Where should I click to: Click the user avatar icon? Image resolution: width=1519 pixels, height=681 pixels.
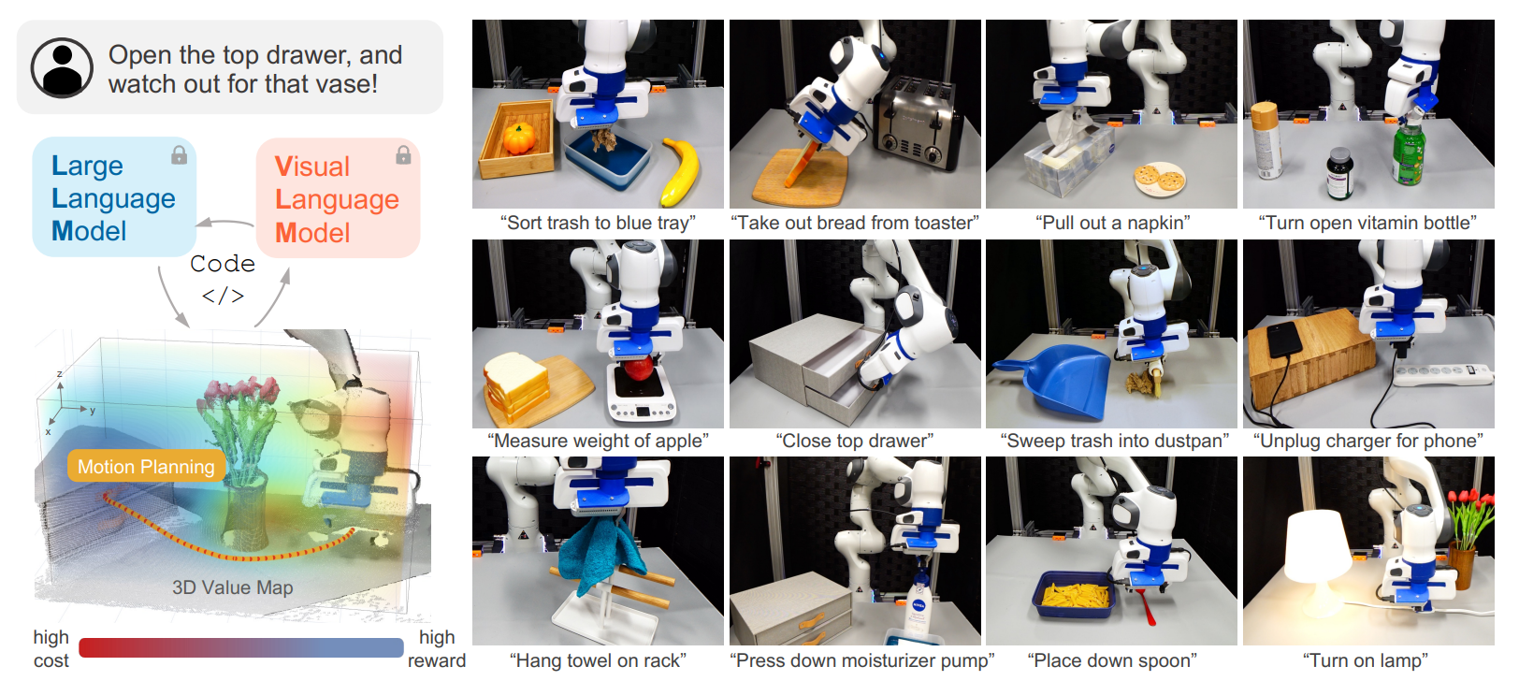pos(62,68)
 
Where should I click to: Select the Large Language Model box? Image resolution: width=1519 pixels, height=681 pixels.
pos(114,197)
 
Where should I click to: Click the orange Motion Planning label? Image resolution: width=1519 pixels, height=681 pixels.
pos(146,466)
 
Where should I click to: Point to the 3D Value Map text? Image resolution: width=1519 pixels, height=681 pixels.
pos(233,587)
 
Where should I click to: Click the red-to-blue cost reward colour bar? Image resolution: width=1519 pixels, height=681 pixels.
pos(241,647)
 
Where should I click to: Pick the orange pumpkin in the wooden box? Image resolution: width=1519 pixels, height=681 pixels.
pos(519,138)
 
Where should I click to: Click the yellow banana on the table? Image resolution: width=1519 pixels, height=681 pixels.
pos(681,172)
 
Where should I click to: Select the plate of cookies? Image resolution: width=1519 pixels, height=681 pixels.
pos(1160,179)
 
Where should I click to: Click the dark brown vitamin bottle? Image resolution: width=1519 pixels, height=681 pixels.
pos(1340,174)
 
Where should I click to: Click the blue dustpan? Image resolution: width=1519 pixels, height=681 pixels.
pos(1059,380)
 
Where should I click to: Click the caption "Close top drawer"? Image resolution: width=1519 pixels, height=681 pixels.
pos(855,441)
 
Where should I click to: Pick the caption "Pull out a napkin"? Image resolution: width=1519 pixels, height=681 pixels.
pos(1112,223)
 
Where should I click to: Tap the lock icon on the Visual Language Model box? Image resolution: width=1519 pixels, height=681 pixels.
pos(403,155)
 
